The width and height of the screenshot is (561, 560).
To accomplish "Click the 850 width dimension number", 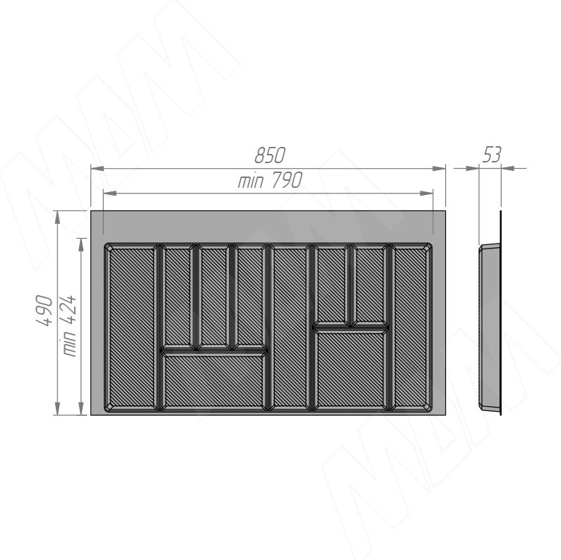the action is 270,155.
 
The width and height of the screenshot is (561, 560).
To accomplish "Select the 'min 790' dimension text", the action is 270,180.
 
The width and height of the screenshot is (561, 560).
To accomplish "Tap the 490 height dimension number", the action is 45,311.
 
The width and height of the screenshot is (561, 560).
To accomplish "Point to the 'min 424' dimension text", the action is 69,326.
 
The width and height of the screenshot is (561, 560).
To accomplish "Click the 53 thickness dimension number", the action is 492,155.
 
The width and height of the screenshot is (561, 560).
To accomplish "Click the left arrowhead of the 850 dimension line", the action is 98,169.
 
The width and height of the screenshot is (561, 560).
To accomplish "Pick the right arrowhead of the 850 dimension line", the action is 439,169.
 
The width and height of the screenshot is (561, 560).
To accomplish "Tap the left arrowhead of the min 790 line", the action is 110,193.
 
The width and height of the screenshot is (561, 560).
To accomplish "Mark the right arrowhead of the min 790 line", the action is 427,193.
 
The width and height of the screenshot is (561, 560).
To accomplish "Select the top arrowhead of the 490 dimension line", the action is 57,218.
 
